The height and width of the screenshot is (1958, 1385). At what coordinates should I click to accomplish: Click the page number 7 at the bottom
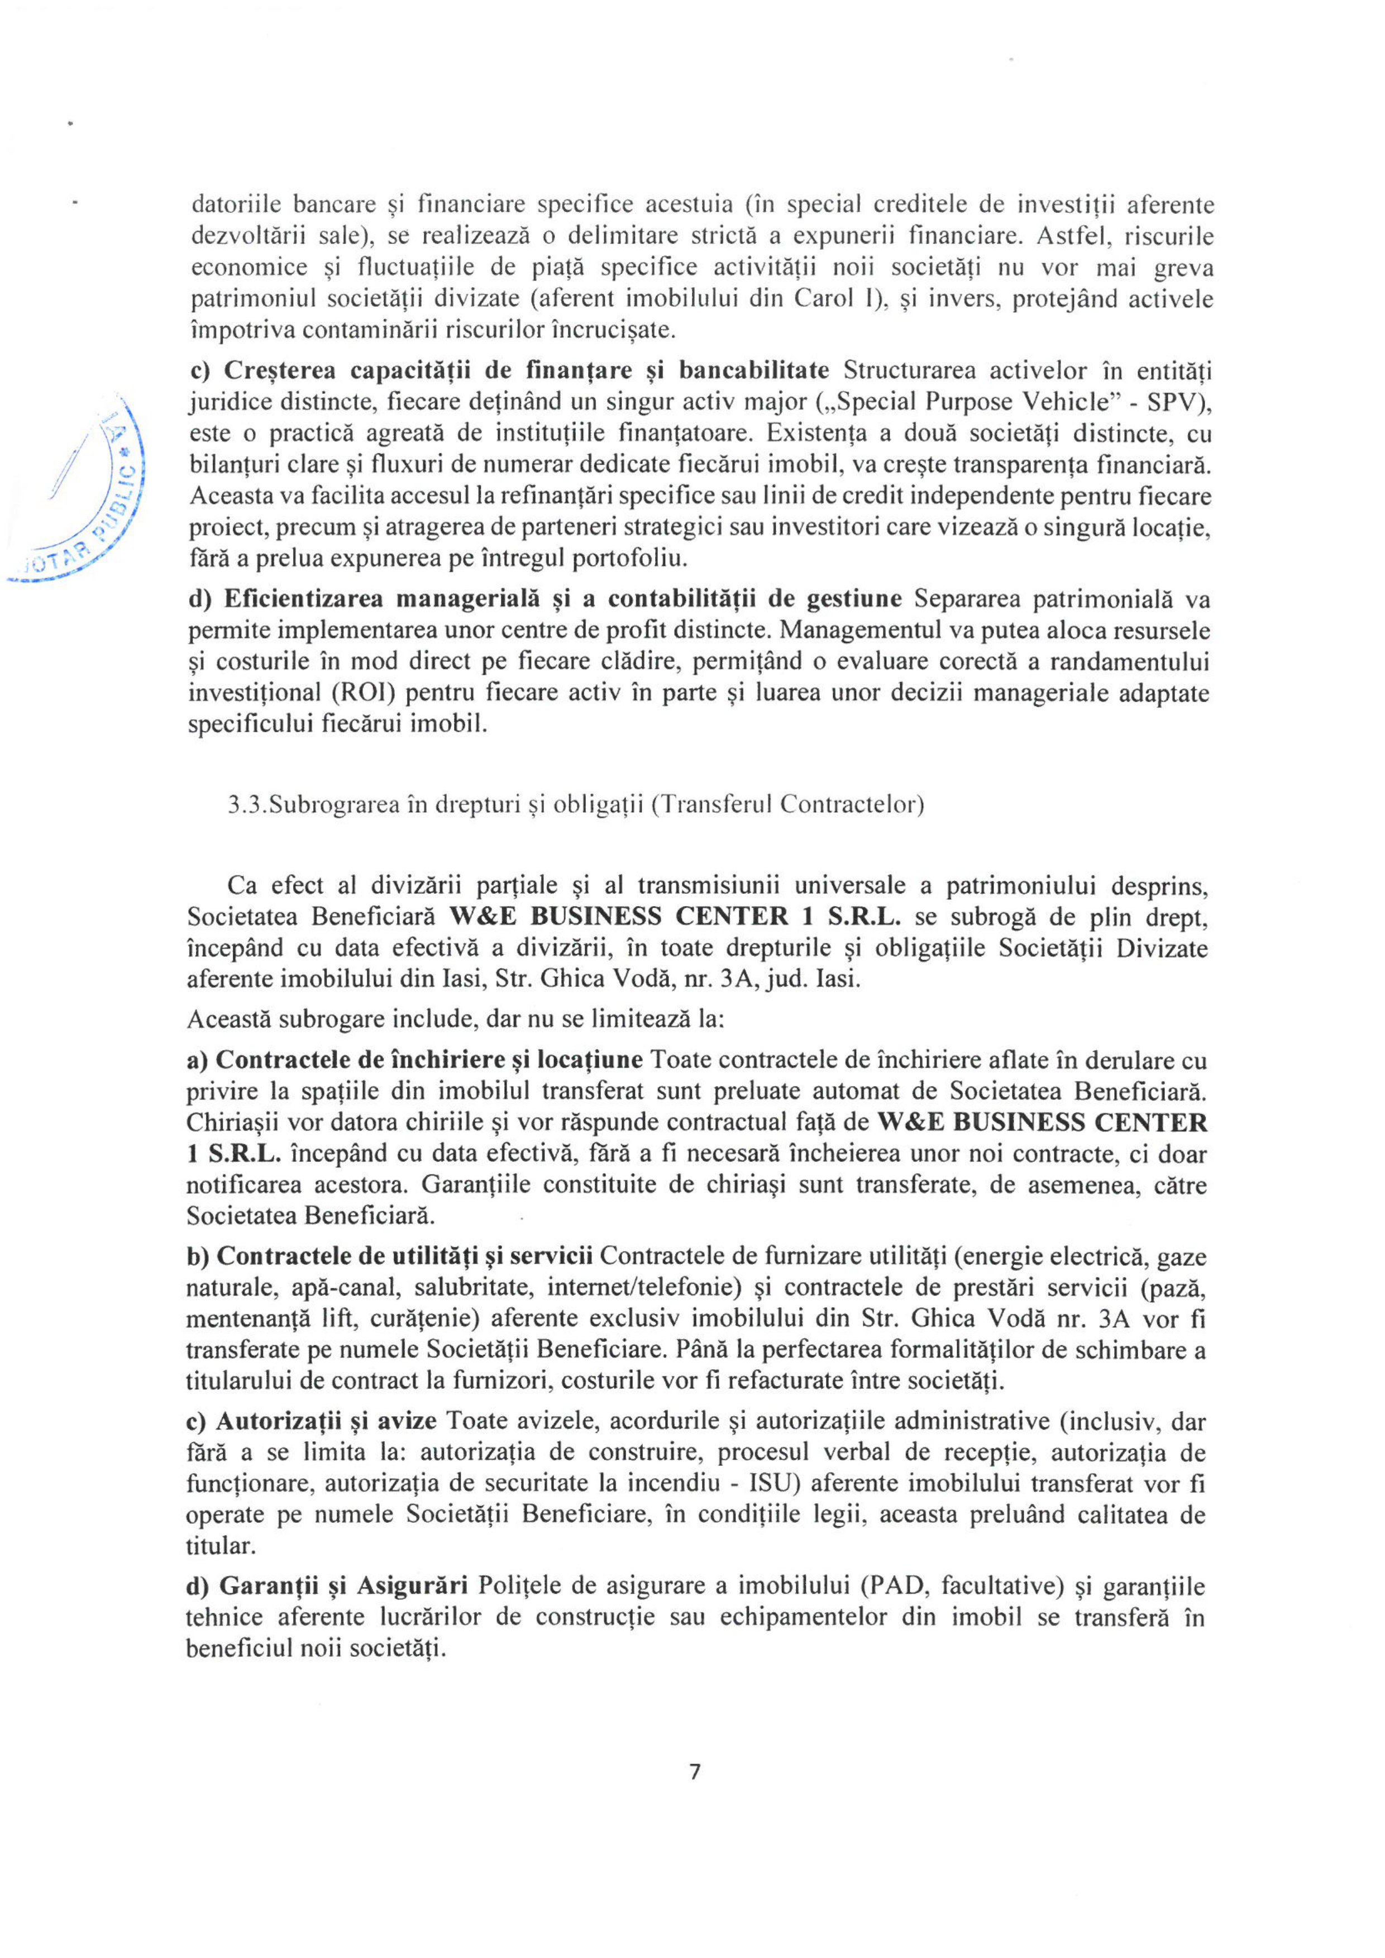point(694,1772)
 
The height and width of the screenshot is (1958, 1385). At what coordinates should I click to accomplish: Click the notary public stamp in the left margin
point(85,495)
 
